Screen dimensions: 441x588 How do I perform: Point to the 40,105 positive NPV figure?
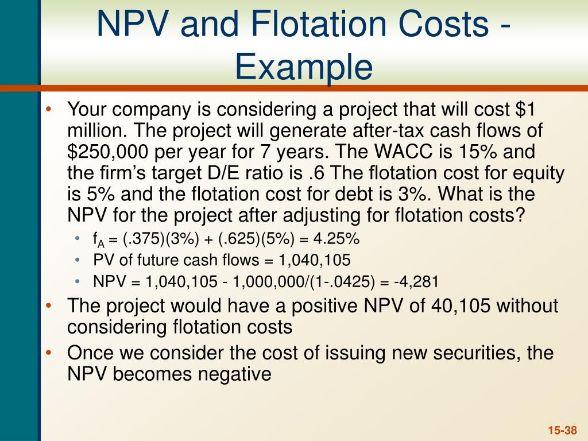coord(457,305)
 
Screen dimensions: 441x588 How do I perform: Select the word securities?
coord(455,352)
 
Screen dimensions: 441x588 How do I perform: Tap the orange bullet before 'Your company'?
coord(50,109)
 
